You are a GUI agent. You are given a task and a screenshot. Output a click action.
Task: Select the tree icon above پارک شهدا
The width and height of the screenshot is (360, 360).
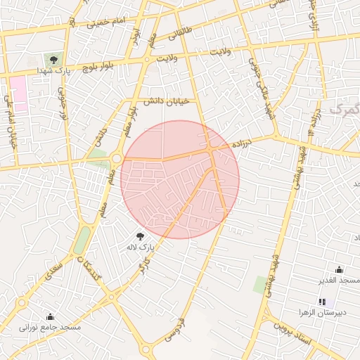pos(53,60)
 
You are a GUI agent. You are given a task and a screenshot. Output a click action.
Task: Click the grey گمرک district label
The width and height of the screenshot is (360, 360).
pos(345,110)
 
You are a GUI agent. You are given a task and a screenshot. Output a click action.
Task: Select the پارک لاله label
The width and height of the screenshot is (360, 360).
pos(139,247)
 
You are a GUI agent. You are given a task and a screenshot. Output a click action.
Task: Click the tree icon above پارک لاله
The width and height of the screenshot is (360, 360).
pos(139,236)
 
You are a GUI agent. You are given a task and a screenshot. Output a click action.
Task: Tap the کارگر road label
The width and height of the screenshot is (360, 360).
pos(139,267)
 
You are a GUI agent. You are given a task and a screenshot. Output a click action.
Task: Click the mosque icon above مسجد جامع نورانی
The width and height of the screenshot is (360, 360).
pos(50,316)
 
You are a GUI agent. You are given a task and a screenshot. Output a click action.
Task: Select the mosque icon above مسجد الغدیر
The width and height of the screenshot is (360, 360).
pos(340,269)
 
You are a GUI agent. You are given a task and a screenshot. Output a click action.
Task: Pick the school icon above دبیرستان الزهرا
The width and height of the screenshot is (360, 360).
pos(322,302)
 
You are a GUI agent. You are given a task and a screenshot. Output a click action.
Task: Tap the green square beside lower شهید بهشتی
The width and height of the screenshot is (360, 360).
pos(260,284)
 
